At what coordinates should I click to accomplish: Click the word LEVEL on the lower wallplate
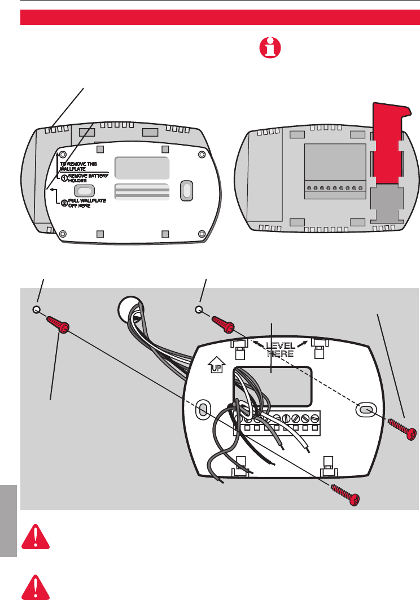pyautogui.click(x=281, y=345)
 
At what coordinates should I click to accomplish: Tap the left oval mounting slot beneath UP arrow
pyautogui.click(x=201, y=410)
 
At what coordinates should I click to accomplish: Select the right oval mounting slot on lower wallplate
pyautogui.click(x=365, y=410)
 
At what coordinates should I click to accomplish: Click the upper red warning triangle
pyautogui.click(x=34, y=536)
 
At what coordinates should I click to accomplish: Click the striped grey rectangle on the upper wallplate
pyautogui.click(x=142, y=191)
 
